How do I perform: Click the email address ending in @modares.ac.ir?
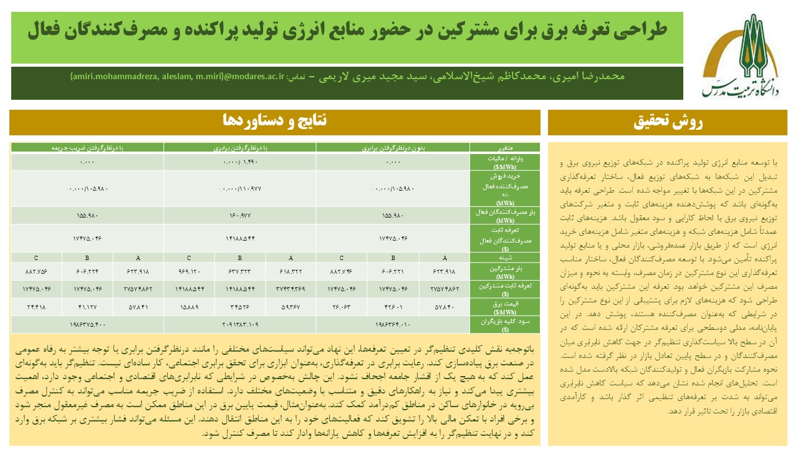[x=177, y=77]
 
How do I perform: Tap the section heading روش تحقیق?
[x=668, y=123]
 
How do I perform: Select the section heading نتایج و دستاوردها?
[x=275, y=121]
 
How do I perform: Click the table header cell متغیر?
[x=505, y=147]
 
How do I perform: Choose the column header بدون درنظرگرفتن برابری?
[x=393, y=147]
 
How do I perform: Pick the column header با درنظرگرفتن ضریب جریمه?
[x=88, y=147]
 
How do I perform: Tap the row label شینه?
[x=505, y=256]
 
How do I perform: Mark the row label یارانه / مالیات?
[x=505, y=162]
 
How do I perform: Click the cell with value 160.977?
[x=240, y=216]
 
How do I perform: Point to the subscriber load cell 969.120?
[x=189, y=271]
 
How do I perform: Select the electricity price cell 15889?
[x=189, y=307]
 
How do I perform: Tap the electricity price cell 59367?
[x=291, y=307]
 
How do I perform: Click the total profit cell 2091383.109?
[x=240, y=324]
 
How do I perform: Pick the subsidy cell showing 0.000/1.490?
[x=240, y=162]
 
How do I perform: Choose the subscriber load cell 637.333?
[x=240, y=271]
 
